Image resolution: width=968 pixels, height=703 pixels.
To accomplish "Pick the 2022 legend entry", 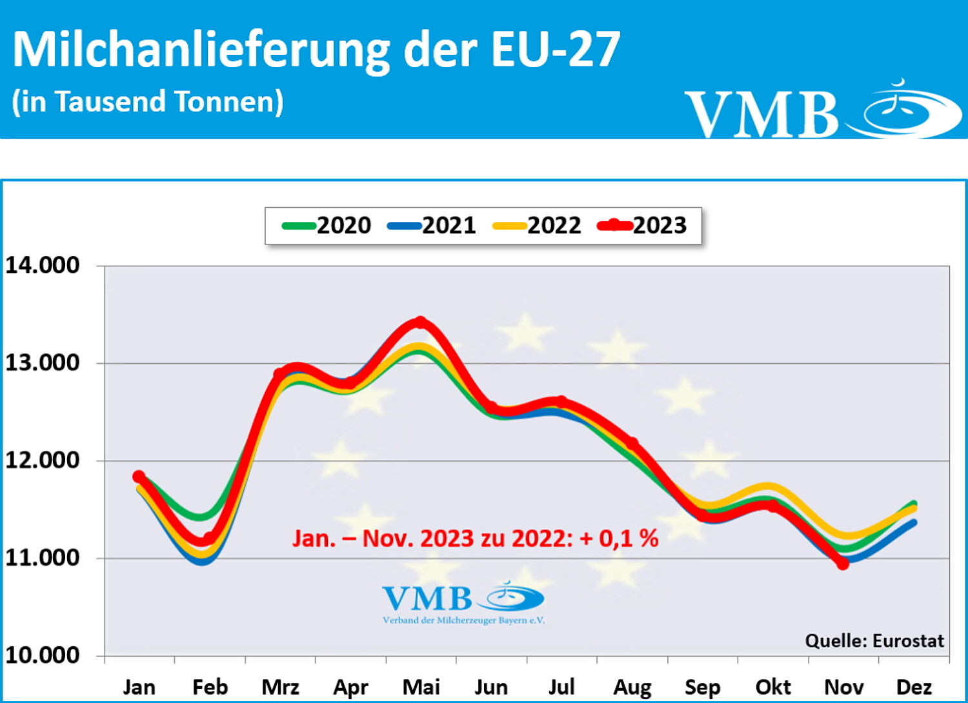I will (538, 225).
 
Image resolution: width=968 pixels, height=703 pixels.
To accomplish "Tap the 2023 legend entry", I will (643, 225).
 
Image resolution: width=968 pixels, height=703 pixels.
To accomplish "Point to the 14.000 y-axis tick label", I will (43, 265).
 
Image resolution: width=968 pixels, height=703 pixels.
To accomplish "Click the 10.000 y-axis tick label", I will (43, 655).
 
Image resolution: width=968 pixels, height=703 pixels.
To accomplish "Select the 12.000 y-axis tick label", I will (43, 460).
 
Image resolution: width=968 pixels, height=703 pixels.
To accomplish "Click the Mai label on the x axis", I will (421, 688).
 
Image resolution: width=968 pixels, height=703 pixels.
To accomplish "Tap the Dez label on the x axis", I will (914, 688).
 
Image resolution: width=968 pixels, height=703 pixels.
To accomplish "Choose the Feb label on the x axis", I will (210, 688).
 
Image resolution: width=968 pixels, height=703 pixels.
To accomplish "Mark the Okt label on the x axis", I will (773, 688).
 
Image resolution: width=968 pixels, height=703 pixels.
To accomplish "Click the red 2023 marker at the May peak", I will (421, 322).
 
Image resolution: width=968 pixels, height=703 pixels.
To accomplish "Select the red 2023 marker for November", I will (843, 564).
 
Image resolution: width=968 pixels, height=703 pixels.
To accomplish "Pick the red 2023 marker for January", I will (139, 477).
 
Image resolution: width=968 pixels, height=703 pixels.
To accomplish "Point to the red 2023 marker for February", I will (209, 538).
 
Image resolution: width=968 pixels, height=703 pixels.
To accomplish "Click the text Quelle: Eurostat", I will (874, 640).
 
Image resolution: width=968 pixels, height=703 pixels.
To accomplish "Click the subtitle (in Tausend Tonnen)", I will (148, 102).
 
